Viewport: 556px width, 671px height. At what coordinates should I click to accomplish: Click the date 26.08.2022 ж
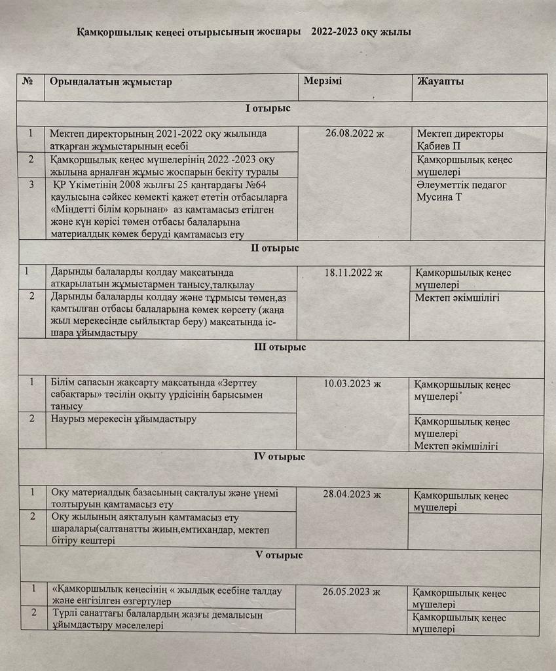pyautogui.click(x=354, y=134)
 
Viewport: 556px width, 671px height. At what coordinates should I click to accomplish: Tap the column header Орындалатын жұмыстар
pyautogui.click(x=110, y=82)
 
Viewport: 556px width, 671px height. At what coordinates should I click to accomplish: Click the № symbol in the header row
pyautogui.click(x=28, y=81)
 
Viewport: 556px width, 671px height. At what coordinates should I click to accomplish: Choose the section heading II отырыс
pyautogui.click(x=275, y=248)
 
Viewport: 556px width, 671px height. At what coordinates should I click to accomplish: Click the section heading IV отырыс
pyautogui.click(x=279, y=456)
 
